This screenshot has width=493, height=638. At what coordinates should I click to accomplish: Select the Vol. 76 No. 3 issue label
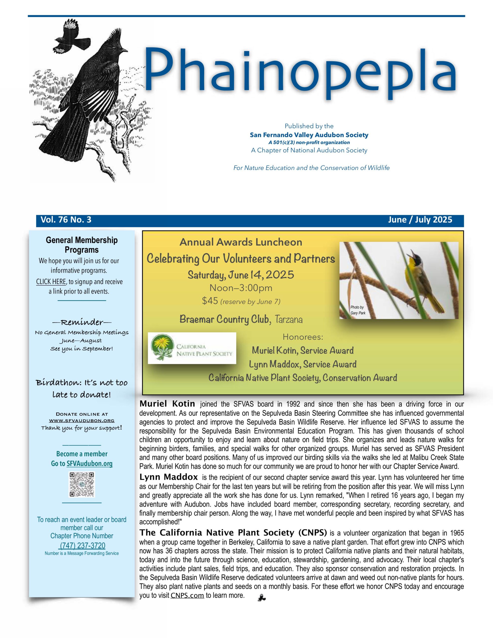click(66, 220)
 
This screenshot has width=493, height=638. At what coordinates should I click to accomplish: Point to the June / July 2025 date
click(420, 220)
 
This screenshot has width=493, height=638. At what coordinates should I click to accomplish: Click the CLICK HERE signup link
click(51, 282)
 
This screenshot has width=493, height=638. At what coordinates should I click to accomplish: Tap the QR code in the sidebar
click(82, 485)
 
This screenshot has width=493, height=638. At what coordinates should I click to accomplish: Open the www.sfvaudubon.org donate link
click(82, 420)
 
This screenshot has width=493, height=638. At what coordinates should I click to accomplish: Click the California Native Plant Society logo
click(192, 348)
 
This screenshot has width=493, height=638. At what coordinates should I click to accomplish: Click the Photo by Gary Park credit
click(357, 310)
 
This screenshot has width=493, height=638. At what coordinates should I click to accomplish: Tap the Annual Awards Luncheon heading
click(241, 242)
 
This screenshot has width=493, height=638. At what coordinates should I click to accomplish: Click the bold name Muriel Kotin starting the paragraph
click(167, 404)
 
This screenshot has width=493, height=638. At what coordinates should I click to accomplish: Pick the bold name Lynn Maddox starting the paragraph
click(169, 477)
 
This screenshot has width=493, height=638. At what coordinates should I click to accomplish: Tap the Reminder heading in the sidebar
click(82, 322)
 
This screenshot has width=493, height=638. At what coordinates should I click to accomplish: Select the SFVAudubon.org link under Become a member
click(89, 464)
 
